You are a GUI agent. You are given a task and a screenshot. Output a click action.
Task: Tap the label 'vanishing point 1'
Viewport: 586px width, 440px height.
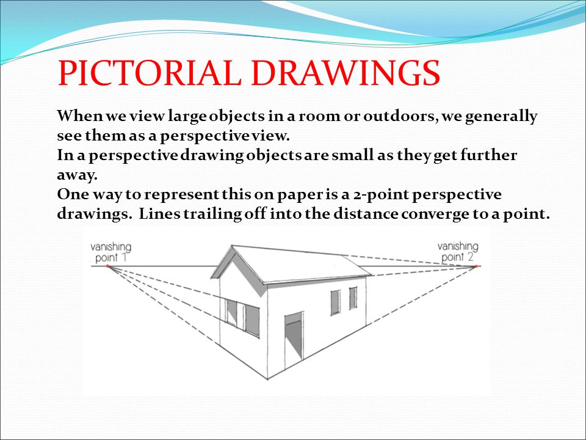point(110,252)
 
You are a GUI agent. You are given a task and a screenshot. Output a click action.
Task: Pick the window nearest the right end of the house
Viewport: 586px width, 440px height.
point(353,298)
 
